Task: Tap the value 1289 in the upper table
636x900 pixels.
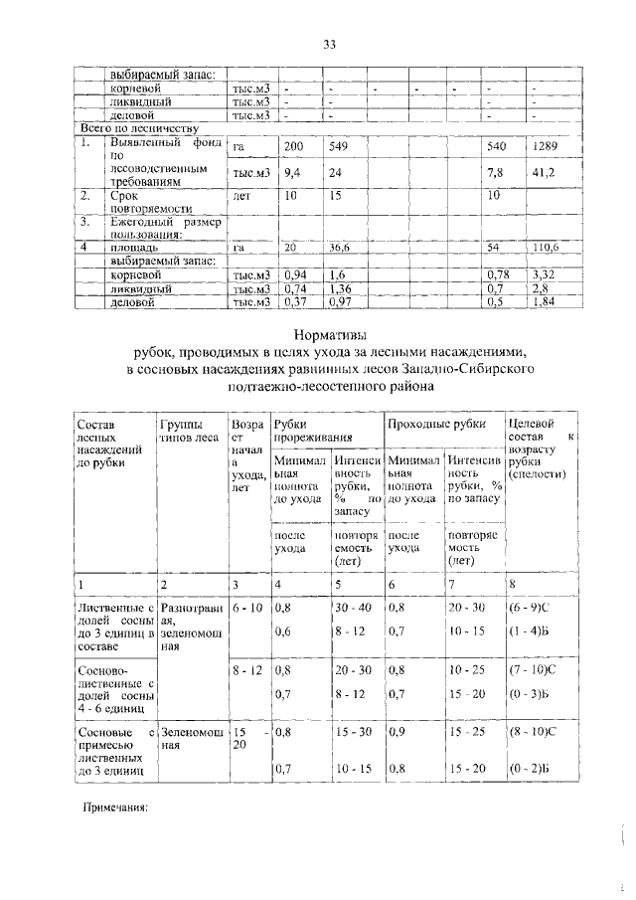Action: [x=547, y=147]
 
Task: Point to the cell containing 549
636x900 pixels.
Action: [x=341, y=147]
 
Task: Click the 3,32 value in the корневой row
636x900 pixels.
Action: [x=543, y=273]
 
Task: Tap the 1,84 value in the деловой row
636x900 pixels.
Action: [x=543, y=301]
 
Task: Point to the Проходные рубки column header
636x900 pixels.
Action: [x=433, y=426]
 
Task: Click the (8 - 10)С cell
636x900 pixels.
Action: [x=537, y=731]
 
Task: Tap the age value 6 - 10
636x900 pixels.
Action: [x=246, y=607]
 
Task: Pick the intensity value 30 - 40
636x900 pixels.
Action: [x=353, y=607]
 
